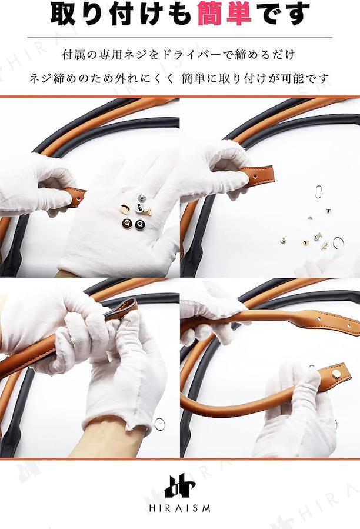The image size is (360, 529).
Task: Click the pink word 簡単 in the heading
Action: [224, 14]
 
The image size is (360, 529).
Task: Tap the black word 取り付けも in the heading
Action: [122, 14]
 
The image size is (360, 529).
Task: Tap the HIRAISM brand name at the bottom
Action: [179, 508]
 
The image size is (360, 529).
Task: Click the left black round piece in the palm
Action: [126, 222]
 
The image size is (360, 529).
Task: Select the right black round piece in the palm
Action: [139, 224]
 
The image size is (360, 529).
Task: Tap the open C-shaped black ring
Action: [339, 242]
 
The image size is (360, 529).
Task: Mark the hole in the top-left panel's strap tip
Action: [79, 199]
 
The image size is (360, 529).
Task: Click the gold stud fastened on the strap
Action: [336, 373]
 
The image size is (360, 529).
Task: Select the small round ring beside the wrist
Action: [159, 424]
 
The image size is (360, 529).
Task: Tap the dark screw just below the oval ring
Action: [327, 211]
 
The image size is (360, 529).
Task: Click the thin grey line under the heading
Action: [179, 38]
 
